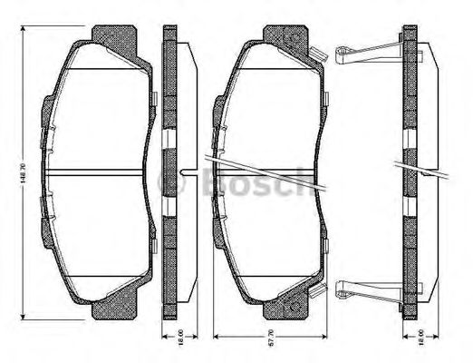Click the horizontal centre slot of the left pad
tap(98, 172)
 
